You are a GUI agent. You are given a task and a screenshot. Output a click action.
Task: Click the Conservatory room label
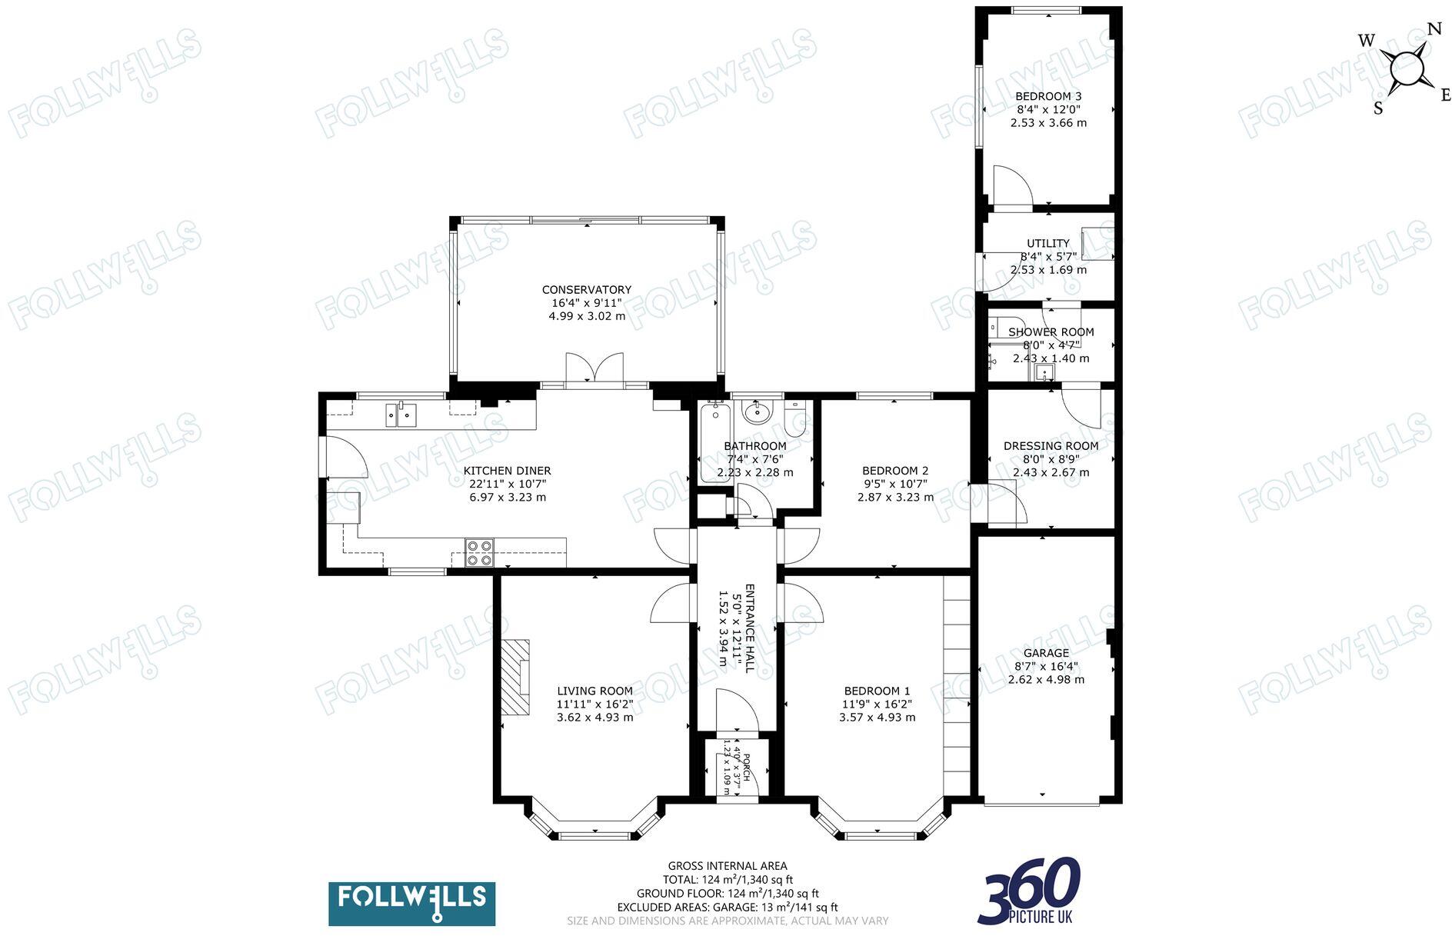(x=586, y=290)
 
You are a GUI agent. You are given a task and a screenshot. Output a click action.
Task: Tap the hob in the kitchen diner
(x=479, y=553)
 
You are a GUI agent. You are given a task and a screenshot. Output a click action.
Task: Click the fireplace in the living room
(x=516, y=678)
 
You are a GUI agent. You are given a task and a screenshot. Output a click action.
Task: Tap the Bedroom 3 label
(x=1048, y=97)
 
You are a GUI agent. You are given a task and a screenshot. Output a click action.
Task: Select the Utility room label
(x=1048, y=243)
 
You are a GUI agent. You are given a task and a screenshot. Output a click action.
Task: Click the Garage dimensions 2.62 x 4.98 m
(x=1046, y=680)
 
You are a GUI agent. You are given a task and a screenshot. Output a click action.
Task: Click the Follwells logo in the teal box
(x=411, y=903)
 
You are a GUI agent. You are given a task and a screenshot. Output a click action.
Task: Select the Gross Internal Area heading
(x=727, y=866)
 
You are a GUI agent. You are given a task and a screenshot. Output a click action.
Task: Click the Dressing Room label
(x=1051, y=446)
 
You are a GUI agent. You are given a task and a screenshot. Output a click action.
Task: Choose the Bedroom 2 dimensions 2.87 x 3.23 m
(x=895, y=498)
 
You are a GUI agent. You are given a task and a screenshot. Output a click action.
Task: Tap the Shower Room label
(x=1051, y=332)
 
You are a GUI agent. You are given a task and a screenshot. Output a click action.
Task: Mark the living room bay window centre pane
(x=595, y=835)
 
